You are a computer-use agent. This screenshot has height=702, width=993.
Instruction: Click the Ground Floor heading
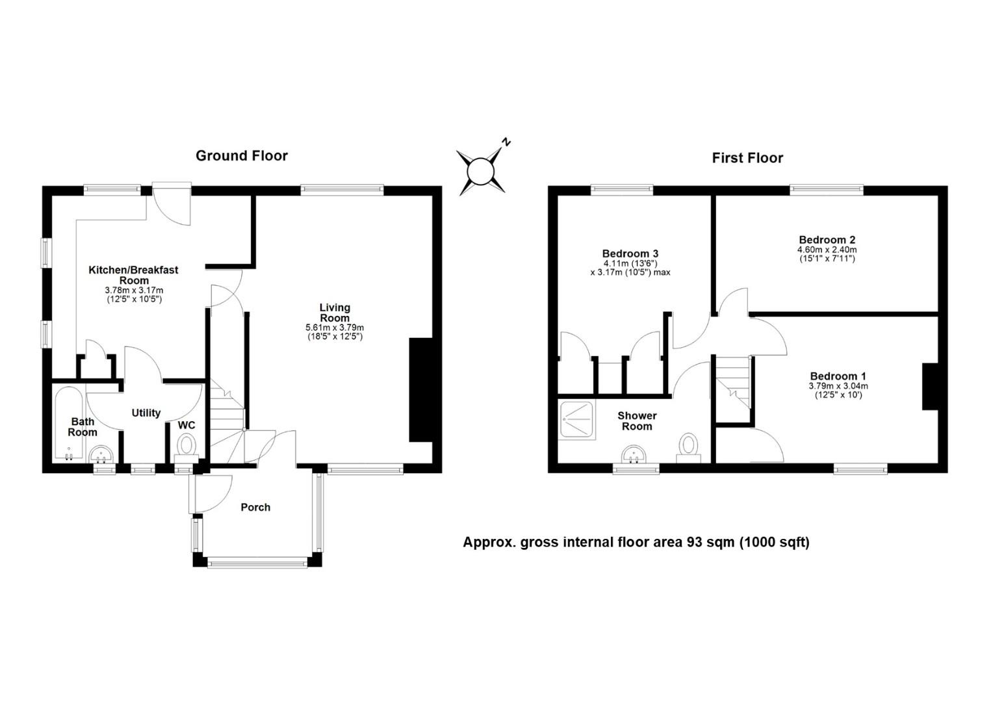coord(241,156)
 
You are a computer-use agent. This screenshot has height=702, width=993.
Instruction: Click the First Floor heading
coord(747,158)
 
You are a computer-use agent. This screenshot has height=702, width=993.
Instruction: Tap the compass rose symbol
coord(481,172)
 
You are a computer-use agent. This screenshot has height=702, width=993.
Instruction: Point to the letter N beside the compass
coord(506,142)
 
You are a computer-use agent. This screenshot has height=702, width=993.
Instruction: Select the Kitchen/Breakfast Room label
coord(133,275)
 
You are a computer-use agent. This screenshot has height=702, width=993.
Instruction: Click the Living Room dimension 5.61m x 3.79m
coord(335,328)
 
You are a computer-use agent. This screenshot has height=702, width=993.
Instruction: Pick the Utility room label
coord(146,413)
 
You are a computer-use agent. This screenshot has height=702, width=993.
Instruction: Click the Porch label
coord(255,508)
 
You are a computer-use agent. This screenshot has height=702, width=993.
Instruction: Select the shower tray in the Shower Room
coord(577,420)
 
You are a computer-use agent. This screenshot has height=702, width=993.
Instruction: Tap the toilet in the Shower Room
coord(688,447)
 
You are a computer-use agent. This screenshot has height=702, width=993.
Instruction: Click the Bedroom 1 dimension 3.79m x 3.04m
coord(838,386)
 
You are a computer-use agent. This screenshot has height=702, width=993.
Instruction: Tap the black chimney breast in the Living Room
coord(420,390)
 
